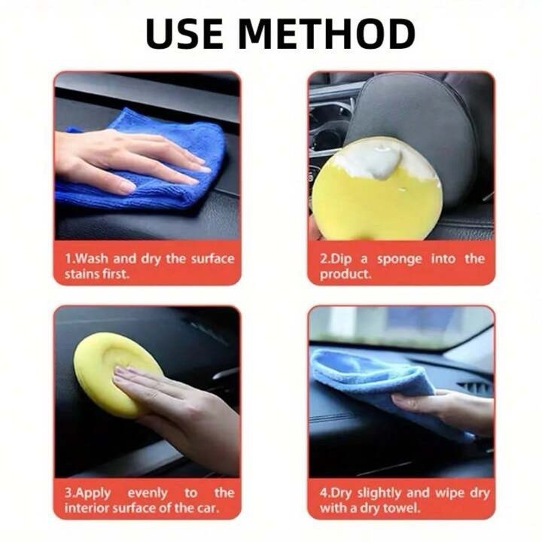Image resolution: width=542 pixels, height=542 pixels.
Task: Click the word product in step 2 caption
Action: (344, 274)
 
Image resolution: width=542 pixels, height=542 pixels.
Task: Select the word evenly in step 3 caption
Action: (148, 493)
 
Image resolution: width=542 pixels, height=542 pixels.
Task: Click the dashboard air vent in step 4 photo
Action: (473, 388)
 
